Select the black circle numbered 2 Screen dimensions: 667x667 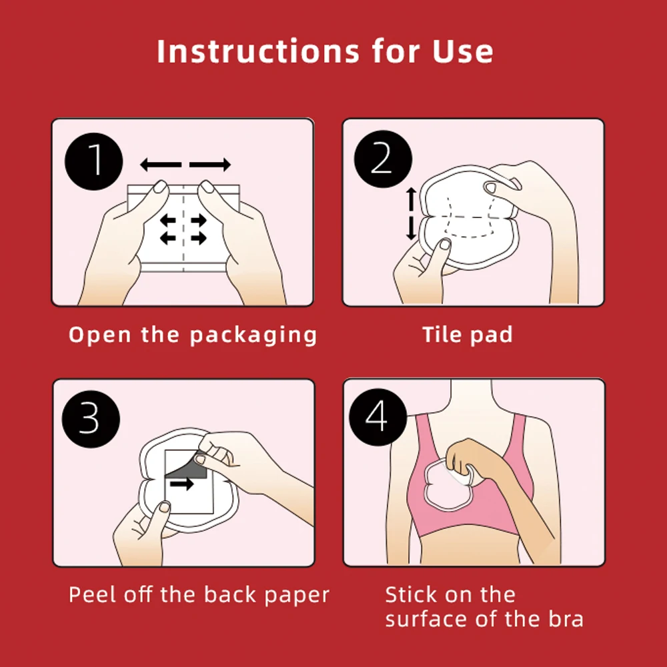point(382,160)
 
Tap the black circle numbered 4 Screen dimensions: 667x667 point(378,418)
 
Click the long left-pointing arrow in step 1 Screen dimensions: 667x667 point(161,164)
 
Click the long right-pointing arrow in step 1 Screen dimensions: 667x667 point(210,164)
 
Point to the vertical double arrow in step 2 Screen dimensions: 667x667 point(411,213)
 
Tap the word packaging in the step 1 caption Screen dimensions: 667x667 point(253,335)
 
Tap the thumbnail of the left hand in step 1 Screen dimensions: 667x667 point(160,188)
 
